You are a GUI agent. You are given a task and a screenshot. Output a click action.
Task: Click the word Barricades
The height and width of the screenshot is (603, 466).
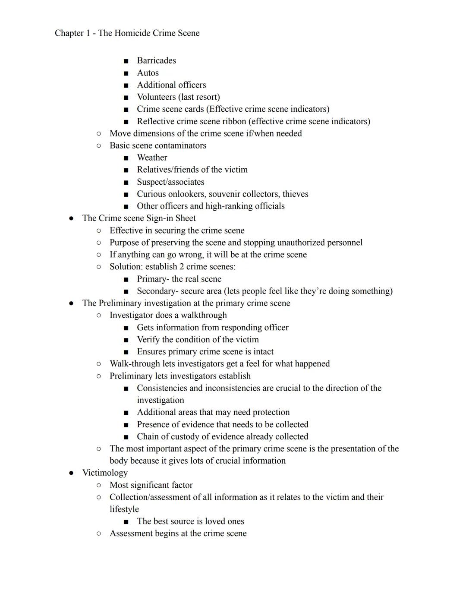click(156, 60)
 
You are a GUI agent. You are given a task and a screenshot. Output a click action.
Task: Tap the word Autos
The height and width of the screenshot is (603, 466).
click(148, 73)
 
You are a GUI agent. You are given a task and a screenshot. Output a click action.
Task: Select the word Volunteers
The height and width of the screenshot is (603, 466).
click(156, 97)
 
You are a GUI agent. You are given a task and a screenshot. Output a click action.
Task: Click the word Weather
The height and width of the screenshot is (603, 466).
click(152, 158)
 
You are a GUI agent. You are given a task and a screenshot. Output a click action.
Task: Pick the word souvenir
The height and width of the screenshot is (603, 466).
click(225, 194)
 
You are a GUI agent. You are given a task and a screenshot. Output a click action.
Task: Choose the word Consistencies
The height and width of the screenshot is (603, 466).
click(162, 388)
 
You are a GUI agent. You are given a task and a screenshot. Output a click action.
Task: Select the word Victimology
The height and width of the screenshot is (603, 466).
click(105, 473)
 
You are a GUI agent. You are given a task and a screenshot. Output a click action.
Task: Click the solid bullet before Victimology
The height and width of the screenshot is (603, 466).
click(72, 473)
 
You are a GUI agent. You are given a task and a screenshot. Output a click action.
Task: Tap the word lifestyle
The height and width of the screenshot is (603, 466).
click(124, 509)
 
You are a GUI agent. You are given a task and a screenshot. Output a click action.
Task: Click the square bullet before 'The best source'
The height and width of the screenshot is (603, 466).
click(126, 522)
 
